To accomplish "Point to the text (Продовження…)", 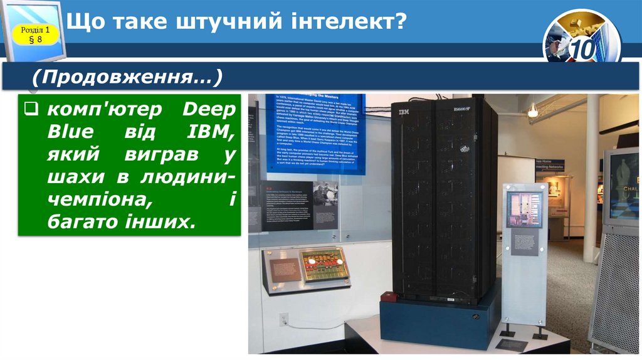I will [x=128, y=78].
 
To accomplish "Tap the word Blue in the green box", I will [x=71, y=132].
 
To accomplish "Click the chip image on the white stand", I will [x=525, y=208].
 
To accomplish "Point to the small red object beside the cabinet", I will [x=389, y=297].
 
